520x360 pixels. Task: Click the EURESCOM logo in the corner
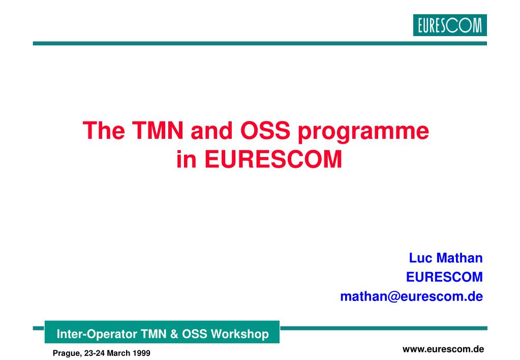450,25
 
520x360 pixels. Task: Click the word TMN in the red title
158,130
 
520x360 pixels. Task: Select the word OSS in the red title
265,130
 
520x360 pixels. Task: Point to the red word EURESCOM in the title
273,159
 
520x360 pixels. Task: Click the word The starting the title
104,130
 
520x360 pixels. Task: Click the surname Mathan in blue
460,258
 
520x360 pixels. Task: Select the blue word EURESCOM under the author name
444,277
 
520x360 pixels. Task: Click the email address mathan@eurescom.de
412,296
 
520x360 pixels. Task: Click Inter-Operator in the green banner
97,334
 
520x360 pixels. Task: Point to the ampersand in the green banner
174,334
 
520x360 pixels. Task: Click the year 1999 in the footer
141,353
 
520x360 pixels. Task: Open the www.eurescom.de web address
443,349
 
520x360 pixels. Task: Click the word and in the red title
212,130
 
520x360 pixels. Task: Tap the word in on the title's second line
187,159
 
